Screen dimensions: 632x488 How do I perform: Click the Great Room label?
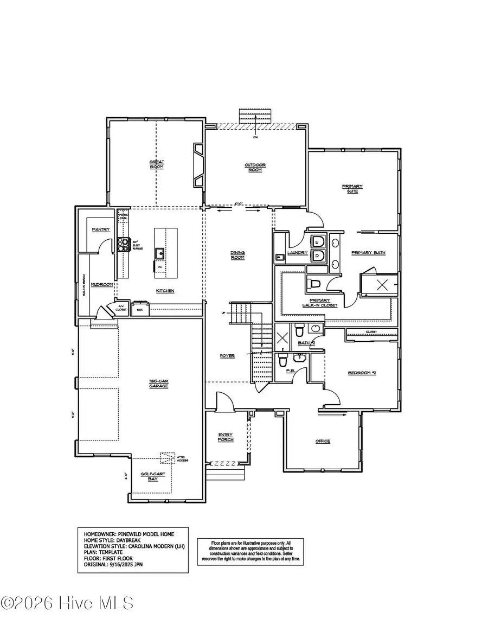(157, 164)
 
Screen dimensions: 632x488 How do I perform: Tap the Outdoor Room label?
(255, 167)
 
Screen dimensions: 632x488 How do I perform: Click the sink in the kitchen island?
(159, 253)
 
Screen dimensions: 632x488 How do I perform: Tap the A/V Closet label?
(121, 309)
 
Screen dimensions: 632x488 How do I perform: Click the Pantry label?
(100, 229)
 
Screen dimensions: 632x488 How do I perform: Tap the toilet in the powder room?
(282, 360)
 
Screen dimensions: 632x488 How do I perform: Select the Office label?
(323, 441)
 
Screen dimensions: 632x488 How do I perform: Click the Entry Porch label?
(226, 437)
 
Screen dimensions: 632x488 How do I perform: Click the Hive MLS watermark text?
(67, 603)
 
